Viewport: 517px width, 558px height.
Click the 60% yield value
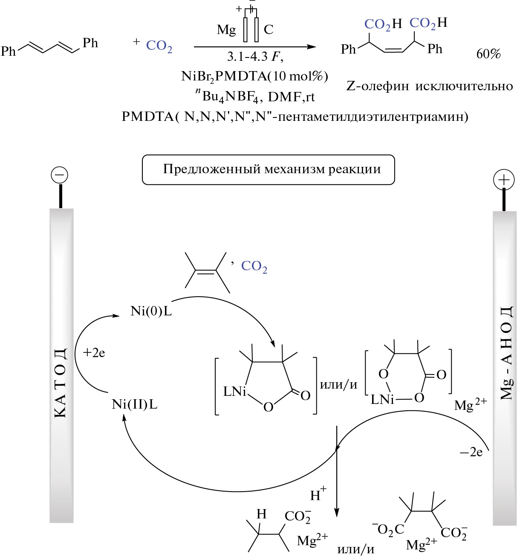pyautogui.click(x=488, y=54)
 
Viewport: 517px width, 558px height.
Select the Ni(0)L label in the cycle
pyautogui.click(x=151, y=311)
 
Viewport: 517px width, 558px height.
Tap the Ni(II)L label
pyautogui.click(x=134, y=404)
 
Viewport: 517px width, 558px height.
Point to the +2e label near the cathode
pyautogui.click(x=94, y=353)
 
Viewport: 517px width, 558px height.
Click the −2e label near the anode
pyautogui.click(x=471, y=452)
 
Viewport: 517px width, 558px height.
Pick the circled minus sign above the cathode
pyautogui.click(x=59, y=175)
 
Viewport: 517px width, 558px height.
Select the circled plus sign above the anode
pyautogui.click(x=504, y=180)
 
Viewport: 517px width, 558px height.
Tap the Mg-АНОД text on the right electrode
pyautogui.click(x=506, y=353)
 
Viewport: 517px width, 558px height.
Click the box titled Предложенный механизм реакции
pyautogui.click(x=268, y=169)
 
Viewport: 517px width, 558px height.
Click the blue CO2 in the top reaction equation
pyautogui.click(x=159, y=46)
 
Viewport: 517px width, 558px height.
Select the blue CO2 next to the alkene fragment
pyautogui.click(x=254, y=266)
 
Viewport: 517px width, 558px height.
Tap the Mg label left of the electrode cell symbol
pyautogui.click(x=226, y=30)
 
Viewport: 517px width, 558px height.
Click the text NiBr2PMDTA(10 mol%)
pyautogui.click(x=254, y=76)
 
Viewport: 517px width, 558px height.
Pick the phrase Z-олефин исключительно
pyautogui.click(x=430, y=86)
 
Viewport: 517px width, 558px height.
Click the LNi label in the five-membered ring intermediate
pyautogui.click(x=235, y=392)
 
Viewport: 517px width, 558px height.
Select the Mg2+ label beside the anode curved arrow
pyautogui.click(x=470, y=405)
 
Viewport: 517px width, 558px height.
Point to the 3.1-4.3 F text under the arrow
pyautogui.click(x=255, y=57)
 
